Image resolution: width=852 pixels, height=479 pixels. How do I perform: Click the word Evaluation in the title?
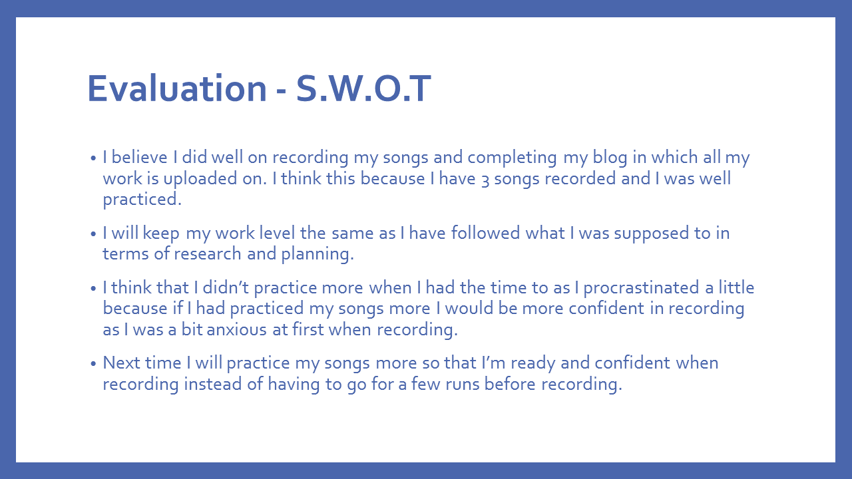tap(177, 88)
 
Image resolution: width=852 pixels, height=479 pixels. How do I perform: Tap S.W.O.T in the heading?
tap(363, 88)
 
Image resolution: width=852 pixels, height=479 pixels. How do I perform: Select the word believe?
tap(139, 157)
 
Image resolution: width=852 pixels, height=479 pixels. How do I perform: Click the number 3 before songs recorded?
tap(485, 180)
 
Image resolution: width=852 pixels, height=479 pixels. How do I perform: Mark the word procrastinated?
tap(641, 289)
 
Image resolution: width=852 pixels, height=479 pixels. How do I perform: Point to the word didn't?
tap(226, 287)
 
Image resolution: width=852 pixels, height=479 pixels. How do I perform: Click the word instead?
tap(212, 384)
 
